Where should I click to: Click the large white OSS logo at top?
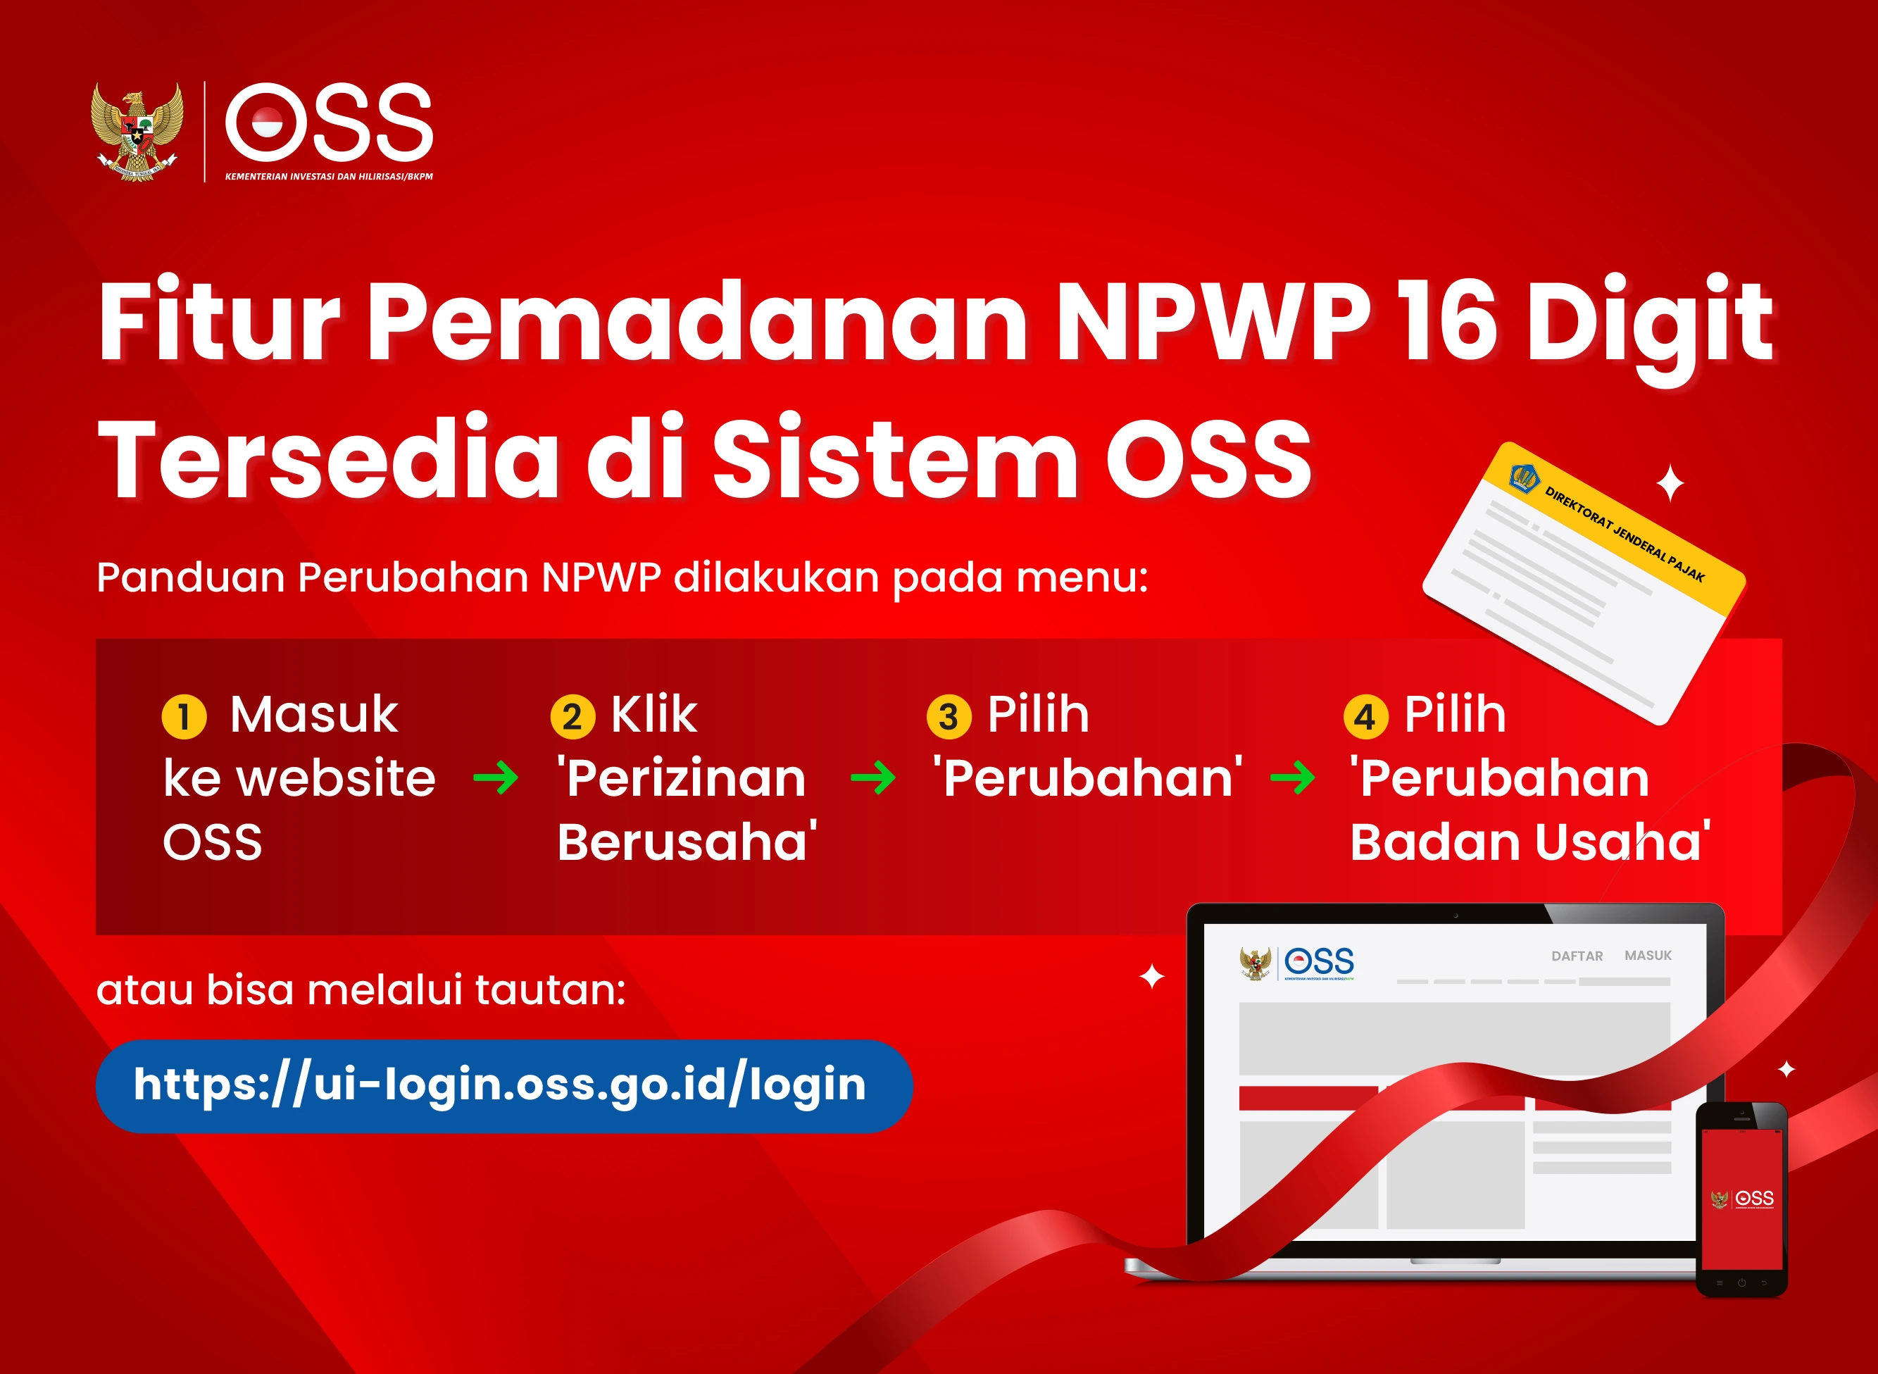pyautogui.click(x=330, y=123)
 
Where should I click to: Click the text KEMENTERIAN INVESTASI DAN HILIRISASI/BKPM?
pyautogui.click(x=329, y=176)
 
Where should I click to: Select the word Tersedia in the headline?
pyautogui.click(x=329, y=460)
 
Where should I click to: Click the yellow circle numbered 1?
pyautogui.click(x=184, y=716)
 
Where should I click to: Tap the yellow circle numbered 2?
pyautogui.click(x=572, y=716)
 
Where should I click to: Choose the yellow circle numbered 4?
pyautogui.click(x=1365, y=716)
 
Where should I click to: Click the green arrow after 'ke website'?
pyautogui.click(x=496, y=778)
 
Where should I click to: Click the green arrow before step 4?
pyautogui.click(x=1292, y=778)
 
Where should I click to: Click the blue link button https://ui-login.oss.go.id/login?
pyautogui.click(x=504, y=1085)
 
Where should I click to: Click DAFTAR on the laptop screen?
pyautogui.click(x=1576, y=956)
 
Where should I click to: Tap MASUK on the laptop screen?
pyautogui.click(x=1648, y=955)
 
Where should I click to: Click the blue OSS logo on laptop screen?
pyautogui.click(x=1319, y=961)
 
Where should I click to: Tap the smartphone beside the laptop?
pyautogui.click(x=1741, y=1198)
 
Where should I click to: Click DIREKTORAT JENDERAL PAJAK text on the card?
pyautogui.click(x=1624, y=535)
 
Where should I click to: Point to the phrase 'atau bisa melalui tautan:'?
pyautogui.click(x=361, y=989)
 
